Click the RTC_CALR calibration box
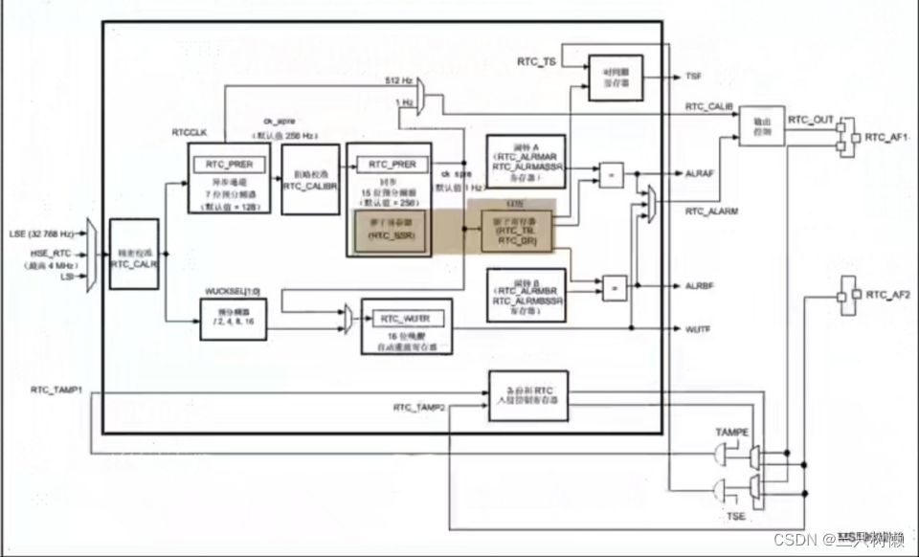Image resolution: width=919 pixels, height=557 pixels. tap(133, 254)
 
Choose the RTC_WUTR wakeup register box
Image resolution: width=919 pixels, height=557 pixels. tap(401, 319)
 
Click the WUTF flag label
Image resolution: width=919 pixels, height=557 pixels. tap(697, 328)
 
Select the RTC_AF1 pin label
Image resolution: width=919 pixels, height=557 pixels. tap(885, 138)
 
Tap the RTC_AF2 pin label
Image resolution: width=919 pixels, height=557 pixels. tap(885, 295)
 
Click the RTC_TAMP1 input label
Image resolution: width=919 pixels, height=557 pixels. tap(56, 390)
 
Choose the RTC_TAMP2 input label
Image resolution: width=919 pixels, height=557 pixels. tap(419, 409)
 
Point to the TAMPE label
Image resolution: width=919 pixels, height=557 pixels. tap(732, 433)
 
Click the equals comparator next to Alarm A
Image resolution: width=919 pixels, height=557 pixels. tap(611, 174)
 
